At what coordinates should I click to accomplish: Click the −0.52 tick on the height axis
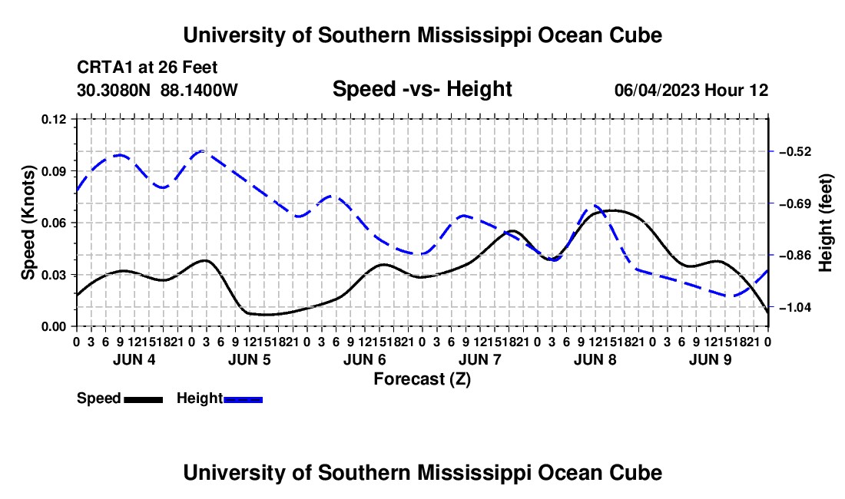coord(795,151)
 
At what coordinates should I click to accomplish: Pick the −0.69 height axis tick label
coord(795,203)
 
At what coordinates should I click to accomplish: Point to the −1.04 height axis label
coord(795,307)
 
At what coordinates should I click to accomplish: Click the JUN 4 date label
coord(134,359)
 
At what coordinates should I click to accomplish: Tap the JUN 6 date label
coord(365,359)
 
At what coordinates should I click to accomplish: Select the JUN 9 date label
coord(711,359)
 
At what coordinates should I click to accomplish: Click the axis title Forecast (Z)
coord(422,379)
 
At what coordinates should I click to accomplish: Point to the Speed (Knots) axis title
coord(28,223)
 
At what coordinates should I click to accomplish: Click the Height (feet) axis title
coord(825,223)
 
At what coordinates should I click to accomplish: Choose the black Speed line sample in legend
coord(144,399)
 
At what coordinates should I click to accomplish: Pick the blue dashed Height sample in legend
coord(243,399)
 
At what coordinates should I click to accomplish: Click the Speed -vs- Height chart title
coord(422,89)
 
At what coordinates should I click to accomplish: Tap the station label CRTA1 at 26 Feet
coord(147,68)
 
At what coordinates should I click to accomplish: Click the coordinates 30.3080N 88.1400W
coord(157,90)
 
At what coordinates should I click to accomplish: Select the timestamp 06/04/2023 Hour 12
coord(691,90)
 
